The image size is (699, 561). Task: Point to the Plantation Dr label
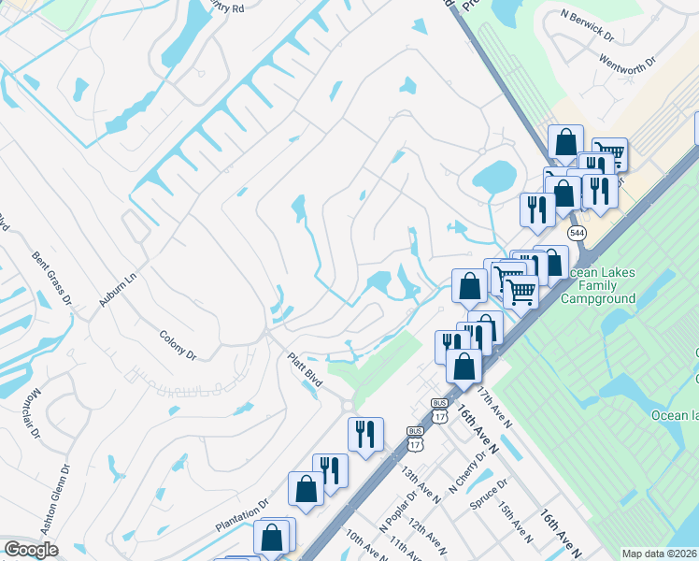tap(243, 514)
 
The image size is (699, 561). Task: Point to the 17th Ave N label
tap(494, 409)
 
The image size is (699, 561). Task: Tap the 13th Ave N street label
tap(421, 481)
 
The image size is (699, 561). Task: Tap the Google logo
tap(31, 550)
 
